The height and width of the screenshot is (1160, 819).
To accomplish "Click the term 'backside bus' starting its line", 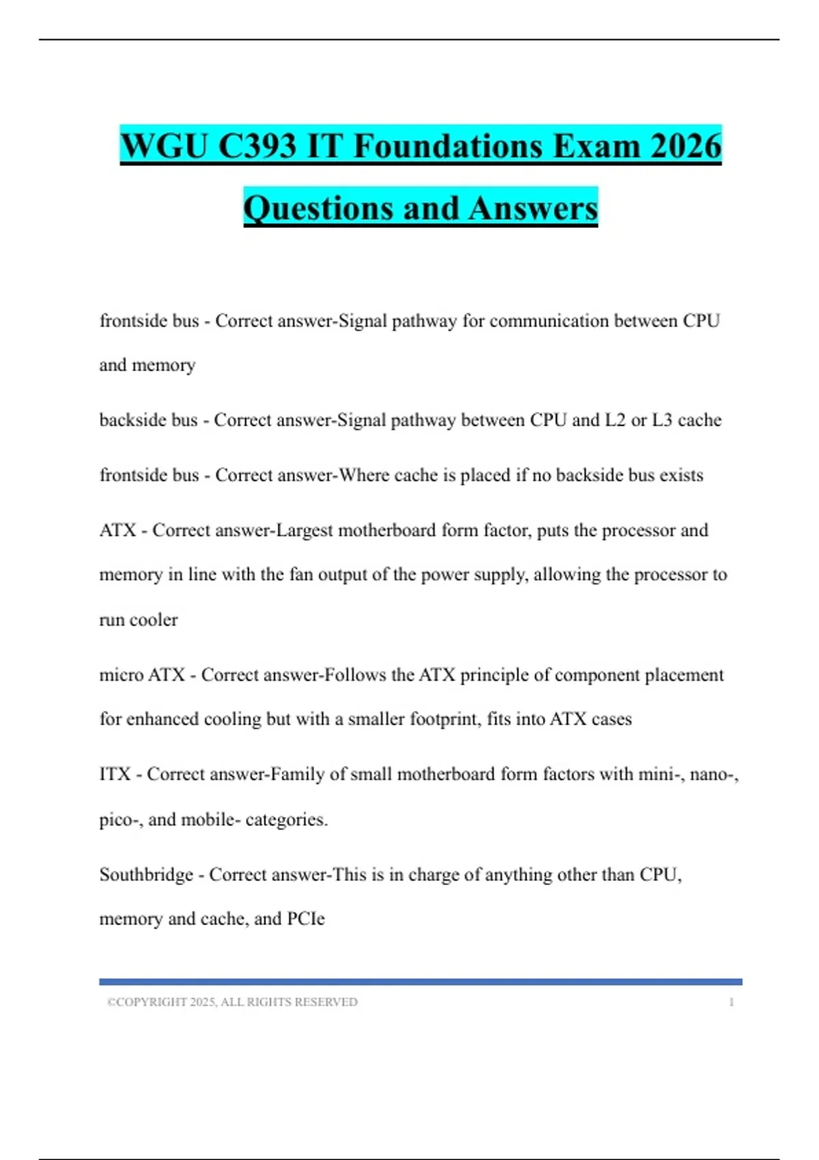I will (x=148, y=420).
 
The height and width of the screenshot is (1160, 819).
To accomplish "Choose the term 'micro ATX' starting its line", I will (x=142, y=675).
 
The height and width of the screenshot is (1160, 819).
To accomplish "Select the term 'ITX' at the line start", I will (x=115, y=774).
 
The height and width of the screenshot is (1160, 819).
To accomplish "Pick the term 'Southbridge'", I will (x=146, y=875).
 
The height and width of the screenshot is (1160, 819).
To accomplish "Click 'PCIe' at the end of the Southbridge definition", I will (x=306, y=919).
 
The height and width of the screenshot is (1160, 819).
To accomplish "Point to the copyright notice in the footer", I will (x=232, y=1002).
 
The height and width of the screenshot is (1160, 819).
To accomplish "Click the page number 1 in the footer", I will (x=732, y=1002).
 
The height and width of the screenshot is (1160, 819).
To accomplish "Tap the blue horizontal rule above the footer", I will (x=420, y=982).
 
